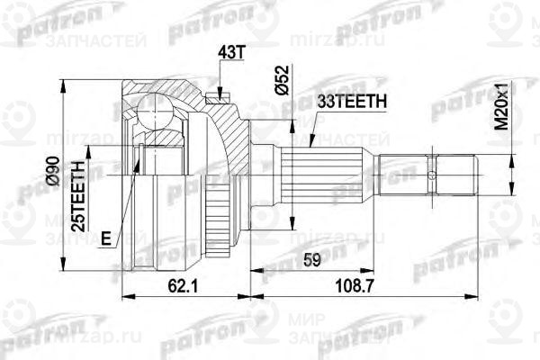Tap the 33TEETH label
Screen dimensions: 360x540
point(350,103)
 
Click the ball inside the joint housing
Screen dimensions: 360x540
point(155,116)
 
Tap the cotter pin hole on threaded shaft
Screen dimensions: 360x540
point(433,175)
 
